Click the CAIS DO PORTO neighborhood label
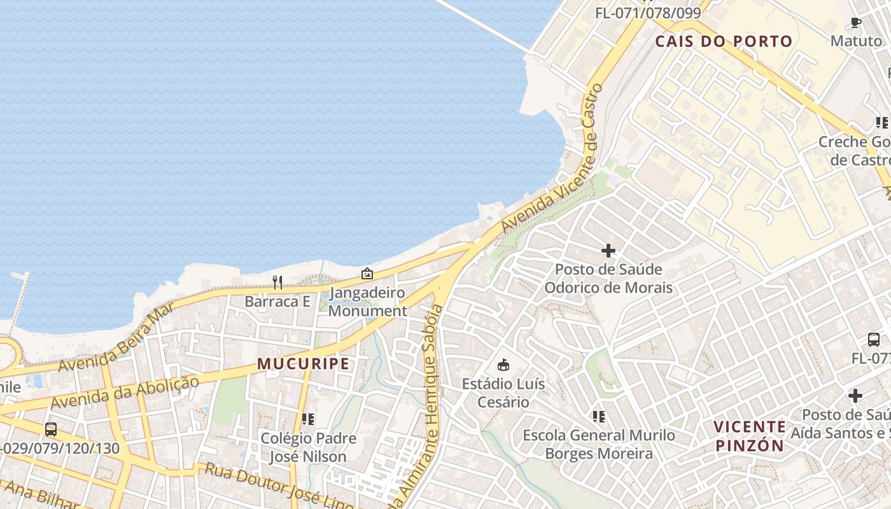[x=724, y=42]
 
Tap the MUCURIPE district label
[x=303, y=364]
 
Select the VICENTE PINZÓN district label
[x=750, y=436]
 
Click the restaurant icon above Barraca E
[x=277, y=282]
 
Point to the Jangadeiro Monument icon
[x=367, y=274]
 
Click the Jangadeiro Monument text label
[x=368, y=302]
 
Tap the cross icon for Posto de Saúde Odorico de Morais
[x=608, y=251]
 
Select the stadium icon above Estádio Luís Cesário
[x=503, y=365]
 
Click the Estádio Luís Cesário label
[x=503, y=393]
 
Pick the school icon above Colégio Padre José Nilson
[x=308, y=419]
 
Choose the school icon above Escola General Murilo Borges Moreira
[x=598, y=417]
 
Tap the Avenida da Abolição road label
[x=125, y=393]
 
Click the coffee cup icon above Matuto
[x=856, y=23]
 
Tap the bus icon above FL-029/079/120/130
[x=51, y=429]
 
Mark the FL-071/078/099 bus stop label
[x=648, y=13]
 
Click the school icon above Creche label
[x=881, y=122]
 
